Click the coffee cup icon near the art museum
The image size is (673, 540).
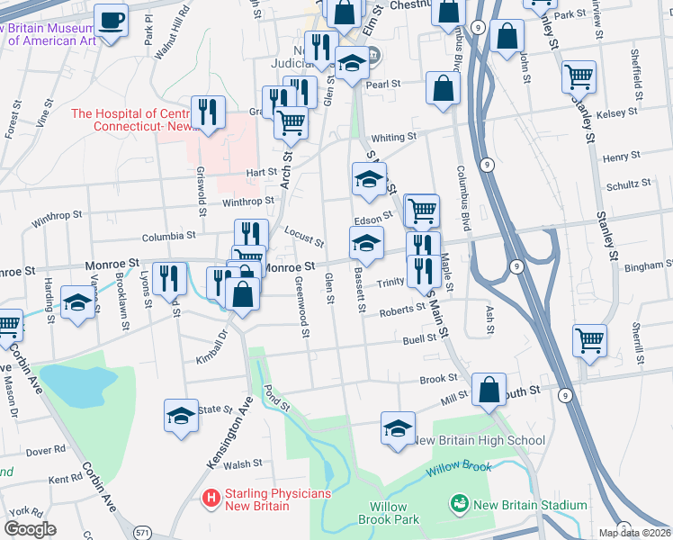tap(112, 20)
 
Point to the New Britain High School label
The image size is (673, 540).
tap(478, 440)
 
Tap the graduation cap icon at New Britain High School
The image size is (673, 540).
tap(398, 428)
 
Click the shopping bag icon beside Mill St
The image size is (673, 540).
tap(489, 391)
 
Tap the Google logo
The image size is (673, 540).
tap(30, 529)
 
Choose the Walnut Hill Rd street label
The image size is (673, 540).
tap(172, 31)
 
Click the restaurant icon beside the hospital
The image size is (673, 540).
tap(208, 112)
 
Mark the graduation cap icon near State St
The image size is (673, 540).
tap(181, 416)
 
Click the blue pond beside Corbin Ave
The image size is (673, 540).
tap(76, 386)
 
